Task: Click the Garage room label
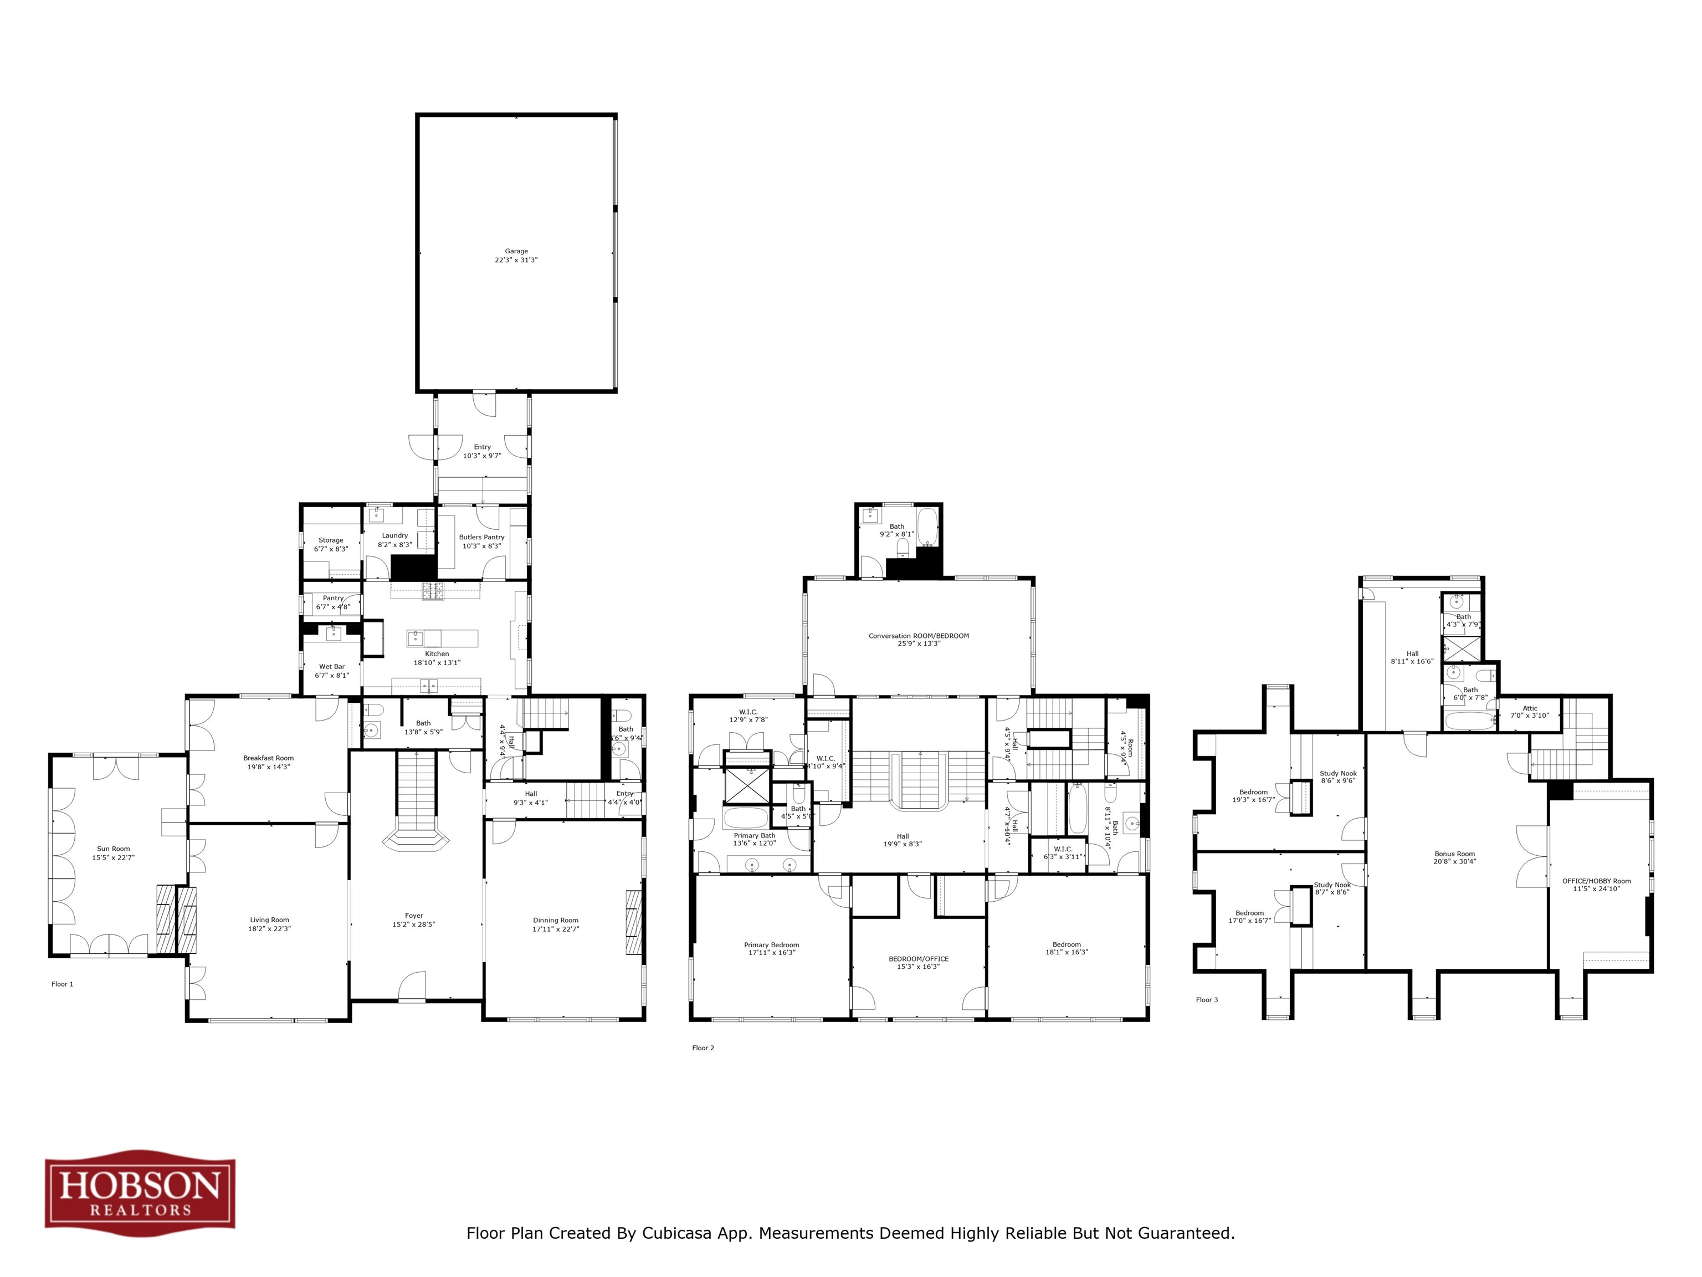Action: pyautogui.click(x=516, y=251)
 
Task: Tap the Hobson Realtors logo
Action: pyautogui.click(x=140, y=1189)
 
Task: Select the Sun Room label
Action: pyautogui.click(x=113, y=849)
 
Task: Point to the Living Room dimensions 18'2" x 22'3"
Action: pyautogui.click(x=269, y=929)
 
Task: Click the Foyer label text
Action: pyautogui.click(x=414, y=916)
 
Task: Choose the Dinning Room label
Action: pyautogui.click(x=556, y=921)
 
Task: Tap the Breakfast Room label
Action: pyautogui.click(x=269, y=758)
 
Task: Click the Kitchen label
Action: pyautogui.click(x=437, y=654)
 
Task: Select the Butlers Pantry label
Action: pyautogui.click(x=481, y=537)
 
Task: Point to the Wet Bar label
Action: pyautogui.click(x=332, y=667)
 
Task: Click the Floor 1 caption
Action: pyautogui.click(x=62, y=984)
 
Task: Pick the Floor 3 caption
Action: pyautogui.click(x=1207, y=1000)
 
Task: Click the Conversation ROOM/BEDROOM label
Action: pyautogui.click(x=919, y=636)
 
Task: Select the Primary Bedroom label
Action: pyautogui.click(x=771, y=945)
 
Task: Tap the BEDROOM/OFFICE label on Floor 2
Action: pyautogui.click(x=919, y=959)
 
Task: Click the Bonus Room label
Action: pyautogui.click(x=1454, y=854)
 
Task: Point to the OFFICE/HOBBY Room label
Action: pyautogui.click(x=1597, y=881)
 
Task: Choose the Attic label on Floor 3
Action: pyautogui.click(x=1530, y=708)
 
